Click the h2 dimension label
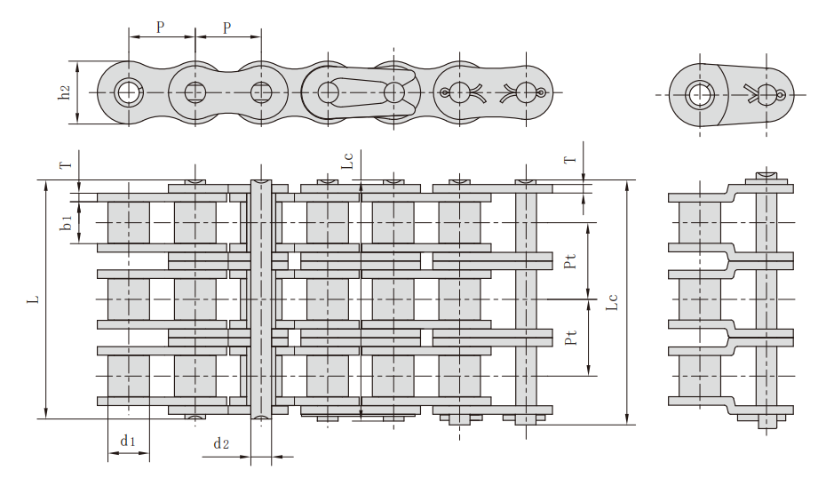[x=64, y=92]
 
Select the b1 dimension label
[x=66, y=222]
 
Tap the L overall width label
[x=34, y=299]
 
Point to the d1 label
[x=128, y=441]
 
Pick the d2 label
[x=221, y=442]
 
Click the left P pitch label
[x=160, y=28]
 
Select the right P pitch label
[x=227, y=28]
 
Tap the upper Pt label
[x=570, y=261]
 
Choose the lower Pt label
[x=570, y=337]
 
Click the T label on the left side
[x=66, y=165]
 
